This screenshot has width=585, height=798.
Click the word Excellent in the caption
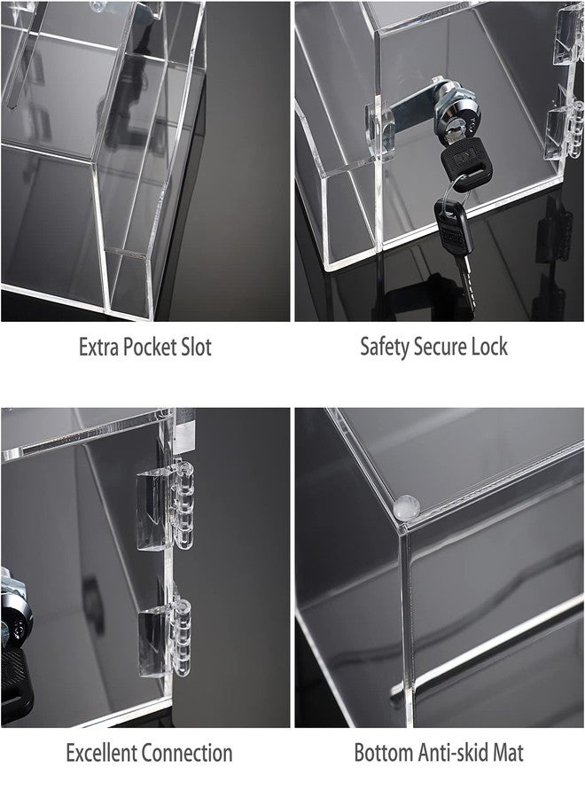[101, 753]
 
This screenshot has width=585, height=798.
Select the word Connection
[187, 753]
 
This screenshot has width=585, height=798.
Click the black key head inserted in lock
[466, 160]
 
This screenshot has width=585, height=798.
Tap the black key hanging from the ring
[454, 250]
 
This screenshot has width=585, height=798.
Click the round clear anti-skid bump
[407, 507]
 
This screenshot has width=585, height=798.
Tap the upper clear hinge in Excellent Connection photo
[166, 506]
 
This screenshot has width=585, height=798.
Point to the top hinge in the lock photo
[568, 33]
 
